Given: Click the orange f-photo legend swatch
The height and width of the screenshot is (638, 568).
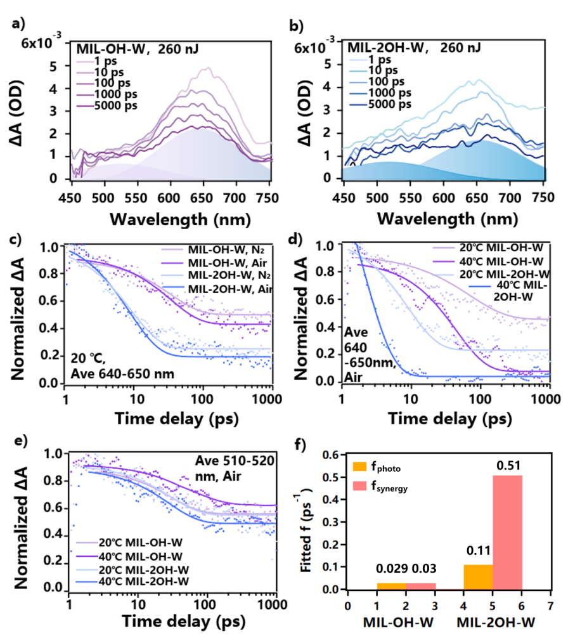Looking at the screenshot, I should point(360,467).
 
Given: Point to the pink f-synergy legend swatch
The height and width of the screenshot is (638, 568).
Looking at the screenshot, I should point(360,485).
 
